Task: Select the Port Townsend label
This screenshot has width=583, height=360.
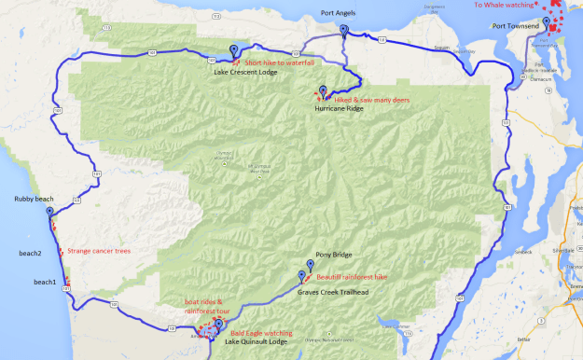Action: pos(516,26)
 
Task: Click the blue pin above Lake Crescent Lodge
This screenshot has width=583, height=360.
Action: pos(233,52)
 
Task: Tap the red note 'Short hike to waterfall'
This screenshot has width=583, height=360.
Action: pos(277,62)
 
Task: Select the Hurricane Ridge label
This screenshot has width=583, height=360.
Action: pos(340,108)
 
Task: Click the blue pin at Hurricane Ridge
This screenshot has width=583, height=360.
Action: pos(323,91)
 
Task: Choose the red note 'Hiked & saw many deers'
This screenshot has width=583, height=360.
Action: pos(372,99)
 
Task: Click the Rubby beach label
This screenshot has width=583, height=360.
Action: pos(34,200)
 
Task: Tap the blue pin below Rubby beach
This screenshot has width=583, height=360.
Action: pos(49,212)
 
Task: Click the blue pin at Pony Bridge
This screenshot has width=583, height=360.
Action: pos(311,265)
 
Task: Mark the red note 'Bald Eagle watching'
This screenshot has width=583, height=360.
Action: pos(261,332)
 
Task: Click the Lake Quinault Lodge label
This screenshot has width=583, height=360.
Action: pos(257,343)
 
